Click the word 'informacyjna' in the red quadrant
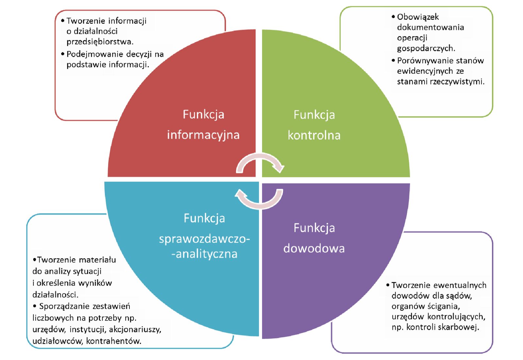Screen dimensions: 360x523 [x=203, y=135]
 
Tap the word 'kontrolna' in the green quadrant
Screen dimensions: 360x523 [x=314, y=135]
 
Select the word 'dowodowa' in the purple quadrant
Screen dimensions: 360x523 [x=314, y=249]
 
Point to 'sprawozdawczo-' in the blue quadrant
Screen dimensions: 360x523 [x=204, y=239]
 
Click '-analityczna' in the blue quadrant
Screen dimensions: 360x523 [x=204, y=254]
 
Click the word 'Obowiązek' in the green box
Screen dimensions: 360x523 [x=418, y=17]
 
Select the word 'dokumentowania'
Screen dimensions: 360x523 [x=430, y=27]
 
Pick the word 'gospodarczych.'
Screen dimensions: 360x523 [x=426, y=48]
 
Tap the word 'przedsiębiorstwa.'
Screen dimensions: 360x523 [x=100, y=42]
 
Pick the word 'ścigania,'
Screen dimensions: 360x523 [x=444, y=306]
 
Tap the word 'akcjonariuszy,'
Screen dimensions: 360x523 [x=135, y=329]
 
